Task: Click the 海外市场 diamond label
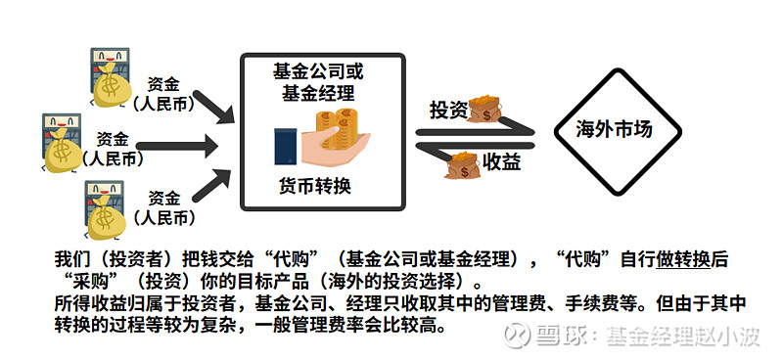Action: tap(613, 130)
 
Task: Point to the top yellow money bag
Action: tap(113, 89)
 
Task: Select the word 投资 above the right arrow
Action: tap(448, 110)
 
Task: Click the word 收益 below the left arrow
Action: tap(499, 161)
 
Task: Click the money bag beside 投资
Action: tap(484, 108)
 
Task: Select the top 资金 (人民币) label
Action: tap(164, 92)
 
